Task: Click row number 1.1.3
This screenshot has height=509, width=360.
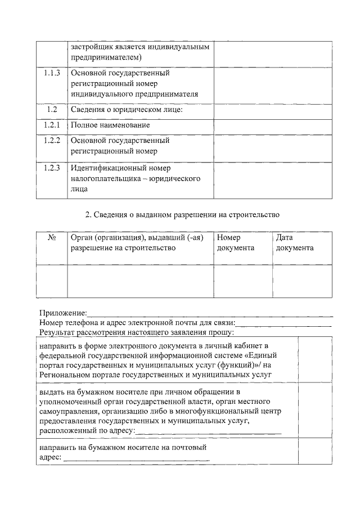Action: click(x=52, y=73)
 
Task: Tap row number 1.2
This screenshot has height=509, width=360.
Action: click(x=52, y=109)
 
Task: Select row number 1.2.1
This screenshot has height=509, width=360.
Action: click(x=52, y=124)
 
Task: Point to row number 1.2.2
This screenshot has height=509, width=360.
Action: click(x=52, y=140)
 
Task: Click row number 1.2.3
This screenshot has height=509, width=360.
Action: click(x=52, y=168)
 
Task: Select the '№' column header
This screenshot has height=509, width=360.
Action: click(x=52, y=238)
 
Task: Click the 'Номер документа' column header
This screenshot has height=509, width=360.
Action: click(x=236, y=243)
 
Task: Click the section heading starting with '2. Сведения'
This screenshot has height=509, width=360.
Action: click(x=182, y=215)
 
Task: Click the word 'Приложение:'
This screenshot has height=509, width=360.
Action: click(x=63, y=313)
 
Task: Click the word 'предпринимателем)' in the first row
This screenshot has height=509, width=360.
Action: click(x=106, y=57)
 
